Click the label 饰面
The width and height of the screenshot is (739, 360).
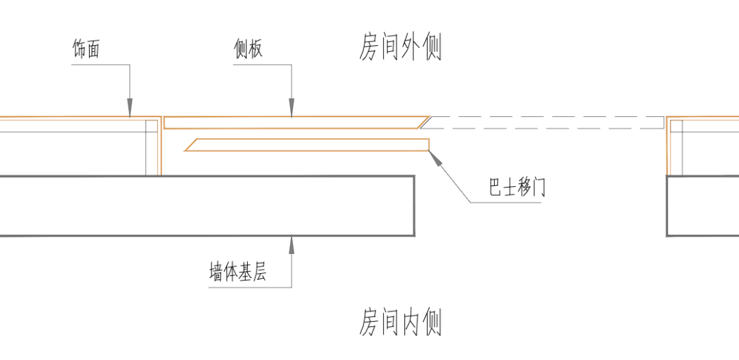tap(86, 49)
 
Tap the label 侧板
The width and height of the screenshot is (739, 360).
tap(247, 49)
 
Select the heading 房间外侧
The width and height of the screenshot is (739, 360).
tap(400, 49)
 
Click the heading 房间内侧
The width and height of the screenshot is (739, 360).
tap(400, 322)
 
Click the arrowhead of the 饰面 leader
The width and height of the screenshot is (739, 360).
tap(129, 109)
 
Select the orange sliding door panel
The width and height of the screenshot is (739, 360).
tap(308, 144)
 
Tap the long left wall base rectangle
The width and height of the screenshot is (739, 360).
tap(205, 206)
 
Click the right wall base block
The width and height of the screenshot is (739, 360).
tap(703, 206)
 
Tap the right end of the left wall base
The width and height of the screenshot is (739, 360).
tap(413, 206)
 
